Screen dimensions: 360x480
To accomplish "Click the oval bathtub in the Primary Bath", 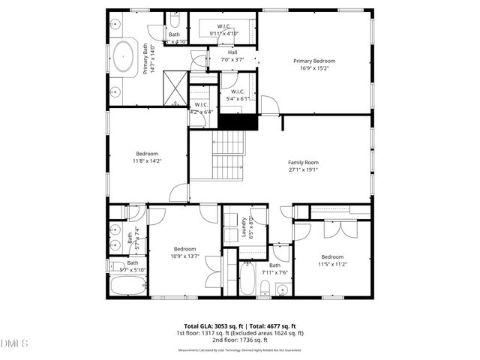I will pos(123,55).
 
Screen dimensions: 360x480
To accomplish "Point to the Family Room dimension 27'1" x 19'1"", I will pos(303,169).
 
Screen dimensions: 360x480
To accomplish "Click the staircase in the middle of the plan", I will pos(228,154).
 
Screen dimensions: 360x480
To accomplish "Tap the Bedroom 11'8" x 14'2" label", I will pos(148,156).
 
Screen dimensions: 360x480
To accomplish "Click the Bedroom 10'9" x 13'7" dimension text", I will pos(184,256).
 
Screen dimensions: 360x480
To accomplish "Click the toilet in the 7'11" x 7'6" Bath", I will pos(265,288).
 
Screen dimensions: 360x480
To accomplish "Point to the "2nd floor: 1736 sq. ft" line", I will pos(240,340).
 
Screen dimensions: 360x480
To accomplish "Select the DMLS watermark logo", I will pos(14,344).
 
